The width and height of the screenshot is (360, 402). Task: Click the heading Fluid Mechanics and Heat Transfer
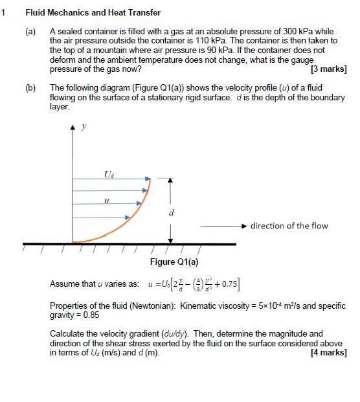(x=93, y=12)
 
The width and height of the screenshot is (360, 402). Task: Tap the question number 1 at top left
(x=4, y=12)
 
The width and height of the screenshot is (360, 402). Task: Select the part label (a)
(x=31, y=31)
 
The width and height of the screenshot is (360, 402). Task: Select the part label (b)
(x=31, y=87)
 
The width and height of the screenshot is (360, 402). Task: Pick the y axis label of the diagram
(x=82, y=128)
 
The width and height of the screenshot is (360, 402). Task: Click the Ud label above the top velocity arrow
(x=107, y=173)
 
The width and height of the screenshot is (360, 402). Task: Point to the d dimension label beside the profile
(x=171, y=212)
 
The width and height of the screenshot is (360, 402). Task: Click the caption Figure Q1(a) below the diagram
(x=174, y=262)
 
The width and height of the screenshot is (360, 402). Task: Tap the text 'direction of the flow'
(x=289, y=226)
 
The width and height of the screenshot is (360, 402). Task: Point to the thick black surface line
(x=129, y=244)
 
